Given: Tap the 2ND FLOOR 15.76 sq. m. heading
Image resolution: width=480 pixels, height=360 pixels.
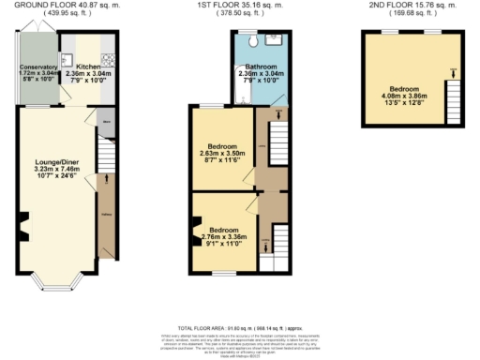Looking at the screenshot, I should tap(412, 6).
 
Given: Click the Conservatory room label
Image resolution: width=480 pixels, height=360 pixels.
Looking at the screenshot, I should tap(39, 67).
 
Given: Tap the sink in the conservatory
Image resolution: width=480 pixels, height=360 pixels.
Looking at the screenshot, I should tap(53, 55).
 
